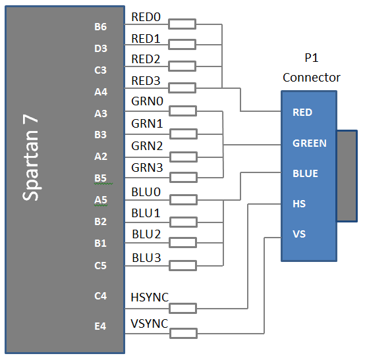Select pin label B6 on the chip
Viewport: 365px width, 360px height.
101,27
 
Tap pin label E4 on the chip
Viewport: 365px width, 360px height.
101,324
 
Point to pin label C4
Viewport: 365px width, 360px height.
101,296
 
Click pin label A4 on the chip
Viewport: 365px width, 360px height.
101,92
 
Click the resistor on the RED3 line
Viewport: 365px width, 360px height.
182,88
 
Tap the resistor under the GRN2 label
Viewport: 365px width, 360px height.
182,157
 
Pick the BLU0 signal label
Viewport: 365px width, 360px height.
146,195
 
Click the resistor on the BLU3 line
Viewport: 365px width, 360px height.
182,265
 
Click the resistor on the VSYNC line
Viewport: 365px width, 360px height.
182,333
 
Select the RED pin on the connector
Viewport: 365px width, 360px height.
302,113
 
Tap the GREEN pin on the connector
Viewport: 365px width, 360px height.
309,143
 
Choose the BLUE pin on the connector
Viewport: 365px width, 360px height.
305,174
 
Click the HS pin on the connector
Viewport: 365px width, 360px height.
299,204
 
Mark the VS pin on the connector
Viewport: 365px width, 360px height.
299,234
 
